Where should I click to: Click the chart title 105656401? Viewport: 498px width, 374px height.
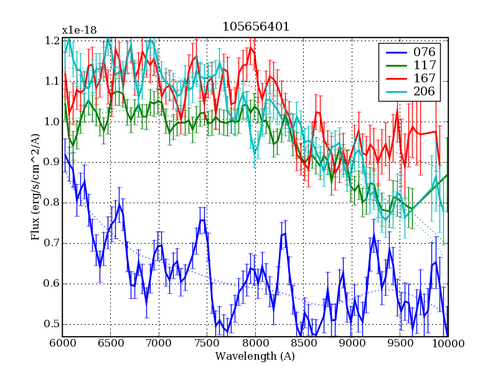coord(255,27)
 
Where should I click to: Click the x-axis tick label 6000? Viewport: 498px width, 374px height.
coord(62,343)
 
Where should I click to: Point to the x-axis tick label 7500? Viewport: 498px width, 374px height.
coord(207,343)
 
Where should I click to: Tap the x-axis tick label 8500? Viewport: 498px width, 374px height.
coord(303,343)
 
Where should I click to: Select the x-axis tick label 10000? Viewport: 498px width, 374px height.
coord(448,343)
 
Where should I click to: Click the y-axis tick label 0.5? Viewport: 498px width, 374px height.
coord(52,324)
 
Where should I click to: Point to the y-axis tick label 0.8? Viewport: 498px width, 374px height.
coord(52,203)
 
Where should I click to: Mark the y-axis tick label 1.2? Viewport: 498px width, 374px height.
coord(52,41)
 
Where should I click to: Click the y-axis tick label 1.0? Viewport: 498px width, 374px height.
coord(52,122)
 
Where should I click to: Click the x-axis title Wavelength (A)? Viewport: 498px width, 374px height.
coord(255,357)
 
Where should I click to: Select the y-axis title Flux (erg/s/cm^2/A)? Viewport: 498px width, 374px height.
coord(35,187)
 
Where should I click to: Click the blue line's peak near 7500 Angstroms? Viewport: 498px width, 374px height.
coord(202,220)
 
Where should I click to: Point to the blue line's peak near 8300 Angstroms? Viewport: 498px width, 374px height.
coord(284,234)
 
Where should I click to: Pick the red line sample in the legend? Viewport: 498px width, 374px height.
coord(394,79)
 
